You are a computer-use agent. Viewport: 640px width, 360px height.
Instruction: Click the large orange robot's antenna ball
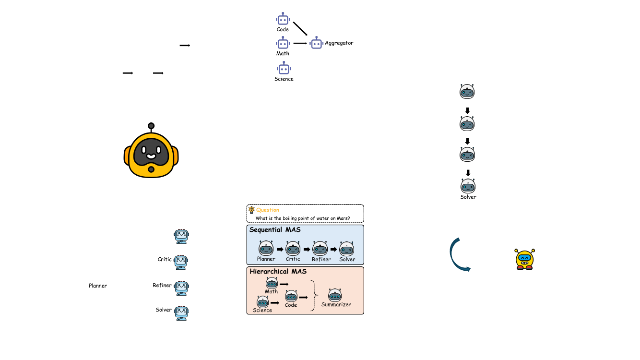151,126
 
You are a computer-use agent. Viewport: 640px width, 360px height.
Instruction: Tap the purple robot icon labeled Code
283,20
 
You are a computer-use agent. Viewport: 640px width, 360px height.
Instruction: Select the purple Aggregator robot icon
316,43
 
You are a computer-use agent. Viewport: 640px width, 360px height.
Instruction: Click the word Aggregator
339,43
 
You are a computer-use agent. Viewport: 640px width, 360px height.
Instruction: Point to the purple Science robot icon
284,69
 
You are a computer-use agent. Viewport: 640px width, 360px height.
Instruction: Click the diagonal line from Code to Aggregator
300,28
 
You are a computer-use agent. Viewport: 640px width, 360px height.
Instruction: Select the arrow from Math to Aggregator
300,43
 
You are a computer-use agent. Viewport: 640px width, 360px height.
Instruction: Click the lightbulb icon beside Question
251,210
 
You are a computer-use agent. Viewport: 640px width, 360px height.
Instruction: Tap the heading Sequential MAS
275,230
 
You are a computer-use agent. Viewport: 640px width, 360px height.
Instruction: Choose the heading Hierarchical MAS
278,271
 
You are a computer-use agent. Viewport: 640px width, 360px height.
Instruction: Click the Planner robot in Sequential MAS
266,248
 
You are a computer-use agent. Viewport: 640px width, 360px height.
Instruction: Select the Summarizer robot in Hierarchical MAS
335,295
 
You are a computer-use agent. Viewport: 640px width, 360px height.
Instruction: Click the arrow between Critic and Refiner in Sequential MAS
307,250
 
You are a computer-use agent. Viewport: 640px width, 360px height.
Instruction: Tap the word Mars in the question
342,218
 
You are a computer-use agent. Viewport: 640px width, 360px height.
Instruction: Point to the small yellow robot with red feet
524,259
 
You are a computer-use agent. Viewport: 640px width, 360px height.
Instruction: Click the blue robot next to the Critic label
181,261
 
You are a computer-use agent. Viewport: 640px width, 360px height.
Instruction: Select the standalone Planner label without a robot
98,286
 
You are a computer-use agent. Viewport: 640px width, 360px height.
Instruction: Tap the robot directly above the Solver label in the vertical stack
468,185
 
